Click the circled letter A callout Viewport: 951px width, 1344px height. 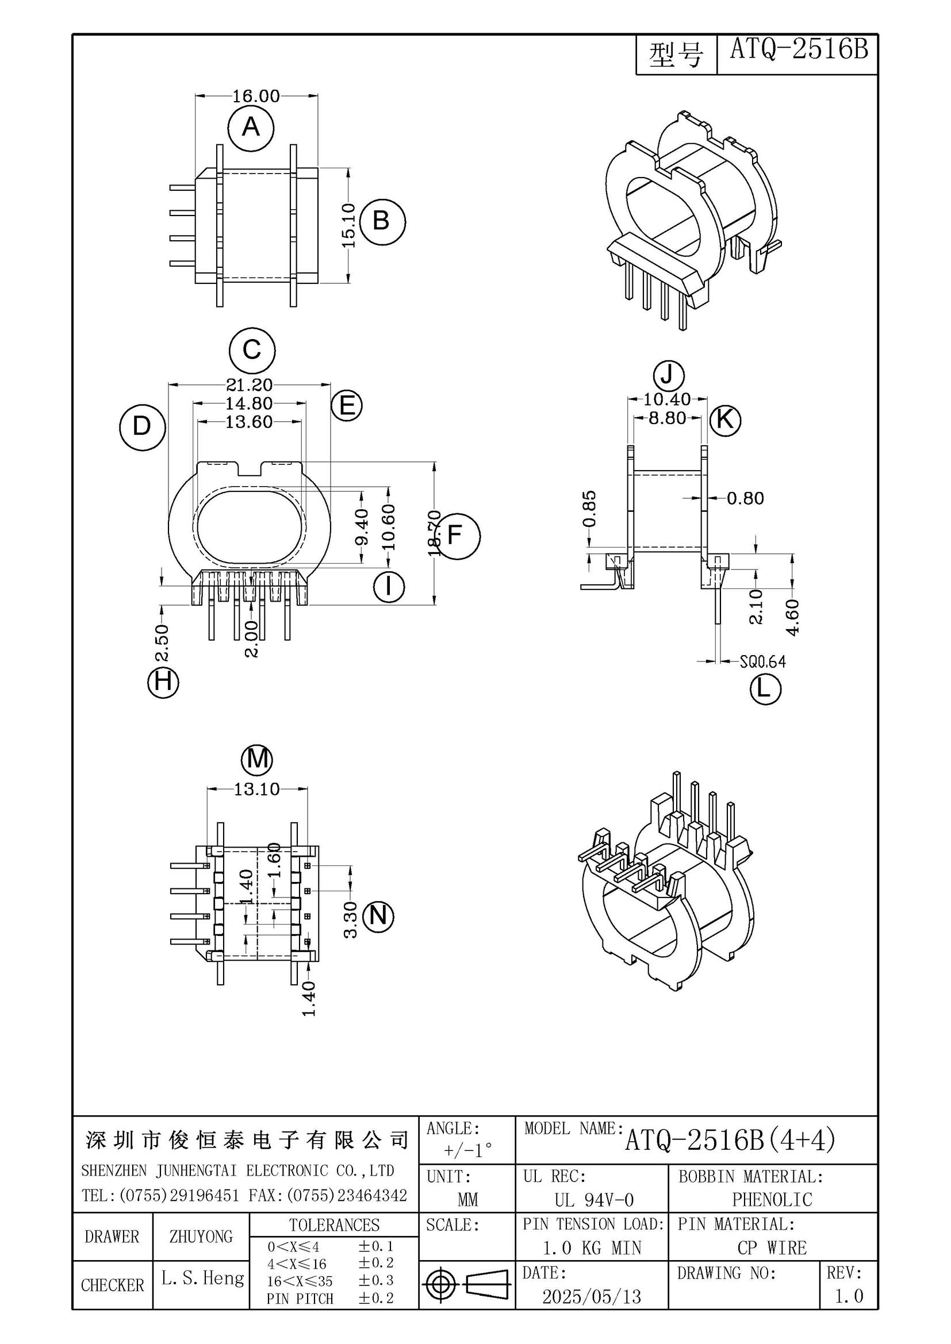coord(251,126)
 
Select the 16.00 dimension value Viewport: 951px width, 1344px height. coord(256,95)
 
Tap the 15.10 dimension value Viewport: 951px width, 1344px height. coord(348,225)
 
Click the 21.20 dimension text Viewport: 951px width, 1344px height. coord(250,385)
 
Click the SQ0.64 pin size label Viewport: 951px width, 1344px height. coord(762,661)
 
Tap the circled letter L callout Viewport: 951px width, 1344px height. coord(765,690)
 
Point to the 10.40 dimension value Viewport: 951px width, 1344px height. coord(667,399)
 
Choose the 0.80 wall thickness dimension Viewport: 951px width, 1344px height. coord(746,498)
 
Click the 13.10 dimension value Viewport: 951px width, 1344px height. coord(257,789)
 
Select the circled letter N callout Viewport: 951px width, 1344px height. coord(379,915)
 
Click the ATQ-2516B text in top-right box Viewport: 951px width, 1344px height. coord(799,51)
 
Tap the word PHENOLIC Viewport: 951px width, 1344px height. coord(772,1199)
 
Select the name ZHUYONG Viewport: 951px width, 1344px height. coord(201,1237)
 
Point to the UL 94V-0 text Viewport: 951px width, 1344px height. coord(594,1200)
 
